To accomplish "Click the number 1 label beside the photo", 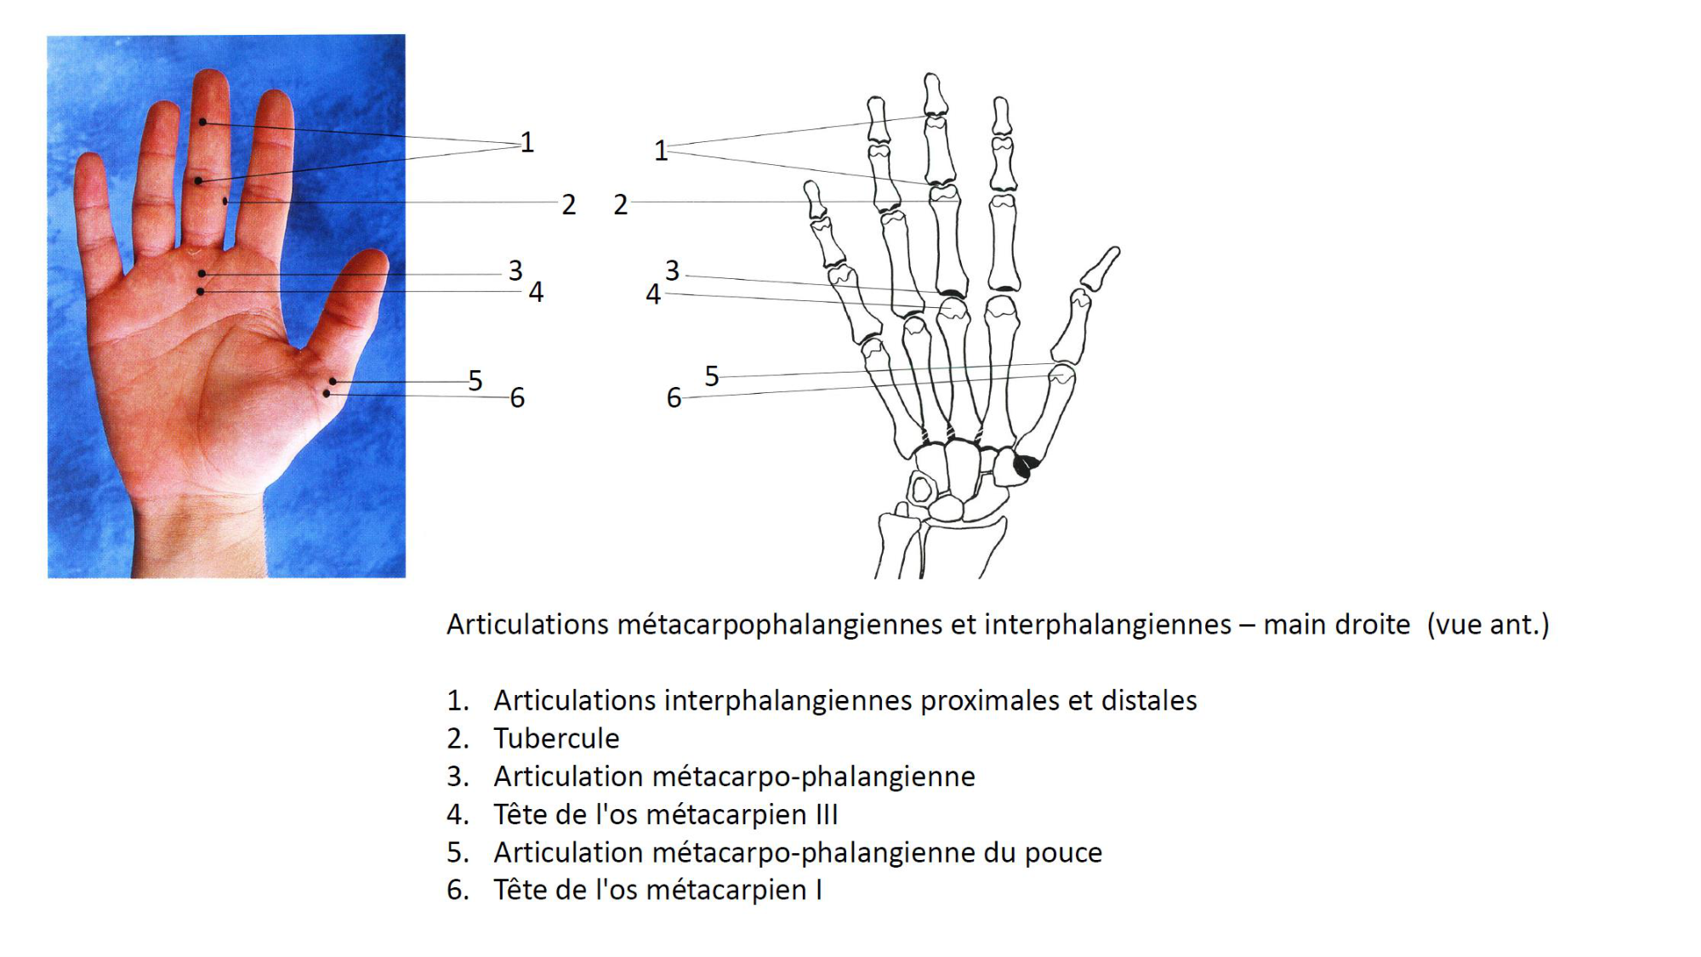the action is pos(527,142).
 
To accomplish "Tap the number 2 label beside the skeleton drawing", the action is pos(621,204).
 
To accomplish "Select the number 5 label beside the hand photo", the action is pos(475,380).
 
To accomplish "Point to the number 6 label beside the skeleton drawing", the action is pos(674,397).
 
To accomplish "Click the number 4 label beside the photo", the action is pos(536,292).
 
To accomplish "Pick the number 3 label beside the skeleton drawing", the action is pos(672,271).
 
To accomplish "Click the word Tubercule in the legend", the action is pos(556,738).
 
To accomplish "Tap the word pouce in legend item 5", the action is pos(1063,853).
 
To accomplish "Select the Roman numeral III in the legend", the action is pos(827,814).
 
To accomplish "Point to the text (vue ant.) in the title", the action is pos(1488,624).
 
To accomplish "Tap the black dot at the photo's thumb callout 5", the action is pos(333,381).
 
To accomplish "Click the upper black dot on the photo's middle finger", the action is pos(203,122).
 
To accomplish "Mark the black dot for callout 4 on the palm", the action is pos(201,292).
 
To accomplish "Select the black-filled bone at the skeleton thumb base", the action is pos(1026,464).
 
